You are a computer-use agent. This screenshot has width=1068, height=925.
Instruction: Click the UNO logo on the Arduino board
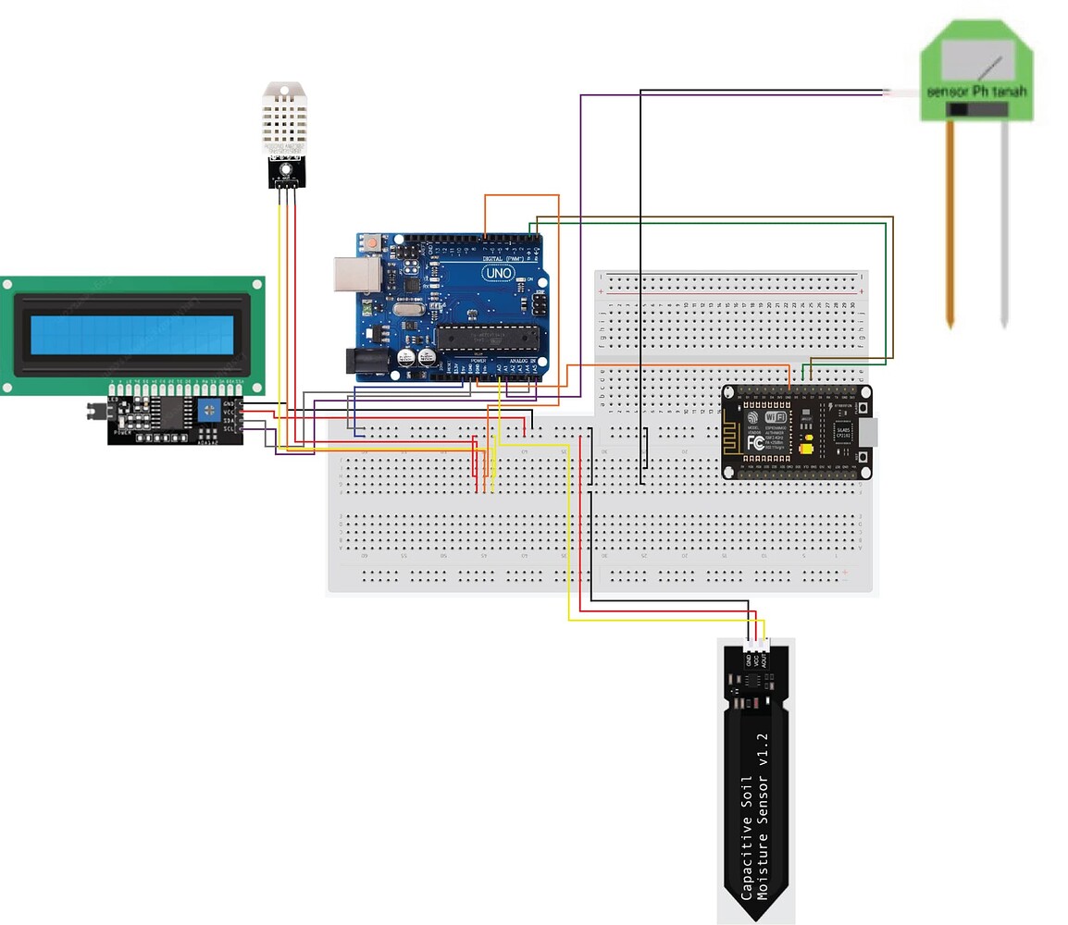tap(496, 273)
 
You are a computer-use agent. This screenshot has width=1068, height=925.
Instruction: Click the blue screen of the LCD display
tap(131, 335)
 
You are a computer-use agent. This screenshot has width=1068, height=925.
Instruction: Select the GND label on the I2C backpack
tap(229, 404)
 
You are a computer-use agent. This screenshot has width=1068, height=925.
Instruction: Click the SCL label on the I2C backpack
tap(229, 429)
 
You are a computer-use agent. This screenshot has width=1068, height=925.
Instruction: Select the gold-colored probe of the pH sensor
tap(950, 222)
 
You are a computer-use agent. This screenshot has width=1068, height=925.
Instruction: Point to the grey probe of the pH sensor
tap(1004, 222)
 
